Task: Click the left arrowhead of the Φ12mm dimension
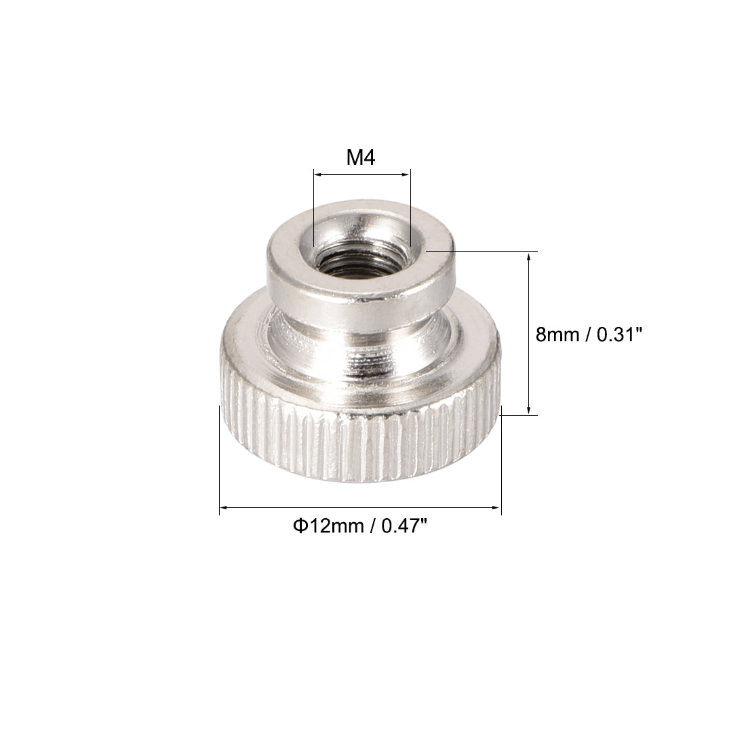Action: tap(224, 507)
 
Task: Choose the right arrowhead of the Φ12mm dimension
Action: tap(497, 507)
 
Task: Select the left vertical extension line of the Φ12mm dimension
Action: tap(220, 461)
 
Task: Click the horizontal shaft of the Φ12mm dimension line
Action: tap(359, 507)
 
